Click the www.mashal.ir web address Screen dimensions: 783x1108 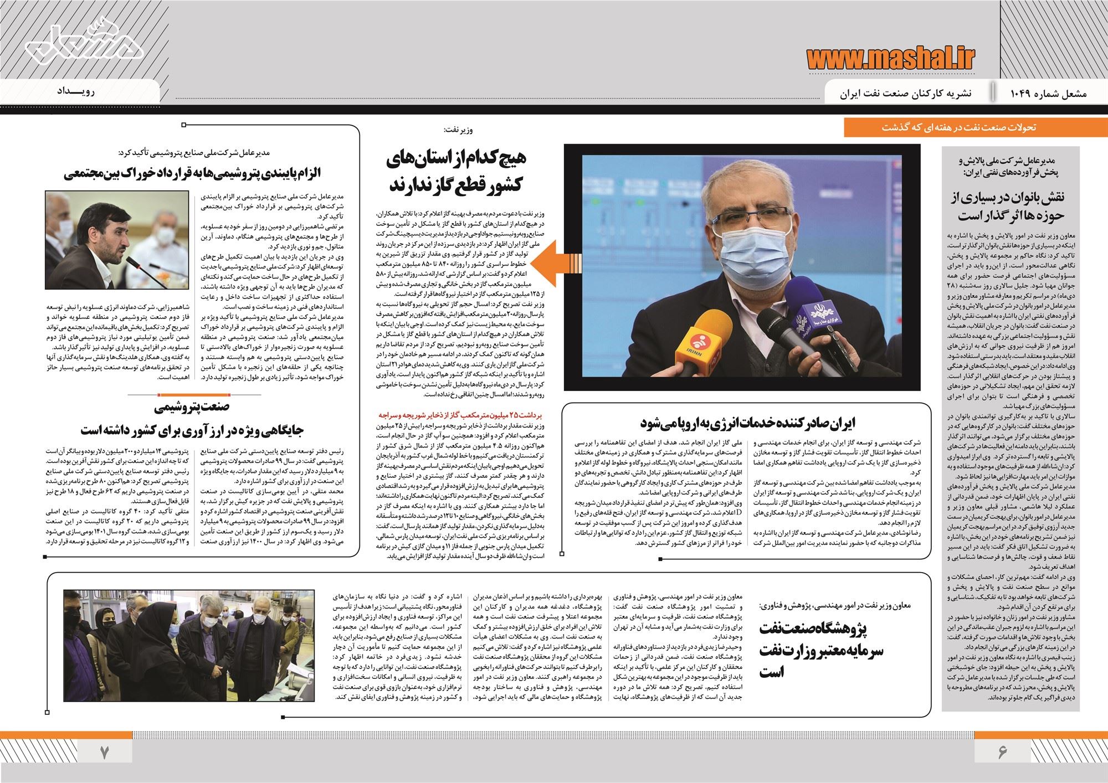point(891,56)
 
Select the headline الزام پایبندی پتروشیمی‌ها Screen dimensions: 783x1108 point(200,173)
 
